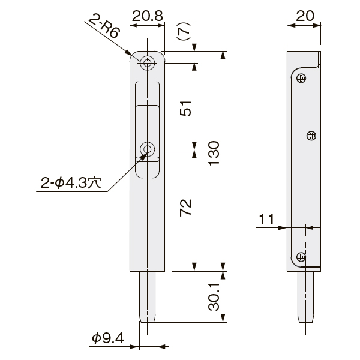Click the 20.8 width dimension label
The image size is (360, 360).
tap(148, 16)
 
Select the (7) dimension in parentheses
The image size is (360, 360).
tap(184, 31)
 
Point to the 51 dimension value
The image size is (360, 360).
tap(185, 109)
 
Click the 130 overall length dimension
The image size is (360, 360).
tap(214, 153)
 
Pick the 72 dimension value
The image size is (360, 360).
tap(185, 208)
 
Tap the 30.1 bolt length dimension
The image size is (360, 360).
tap(214, 296)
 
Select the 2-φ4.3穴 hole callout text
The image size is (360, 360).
tap(71, 183)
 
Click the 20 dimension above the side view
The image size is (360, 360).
tap(305, 16)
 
